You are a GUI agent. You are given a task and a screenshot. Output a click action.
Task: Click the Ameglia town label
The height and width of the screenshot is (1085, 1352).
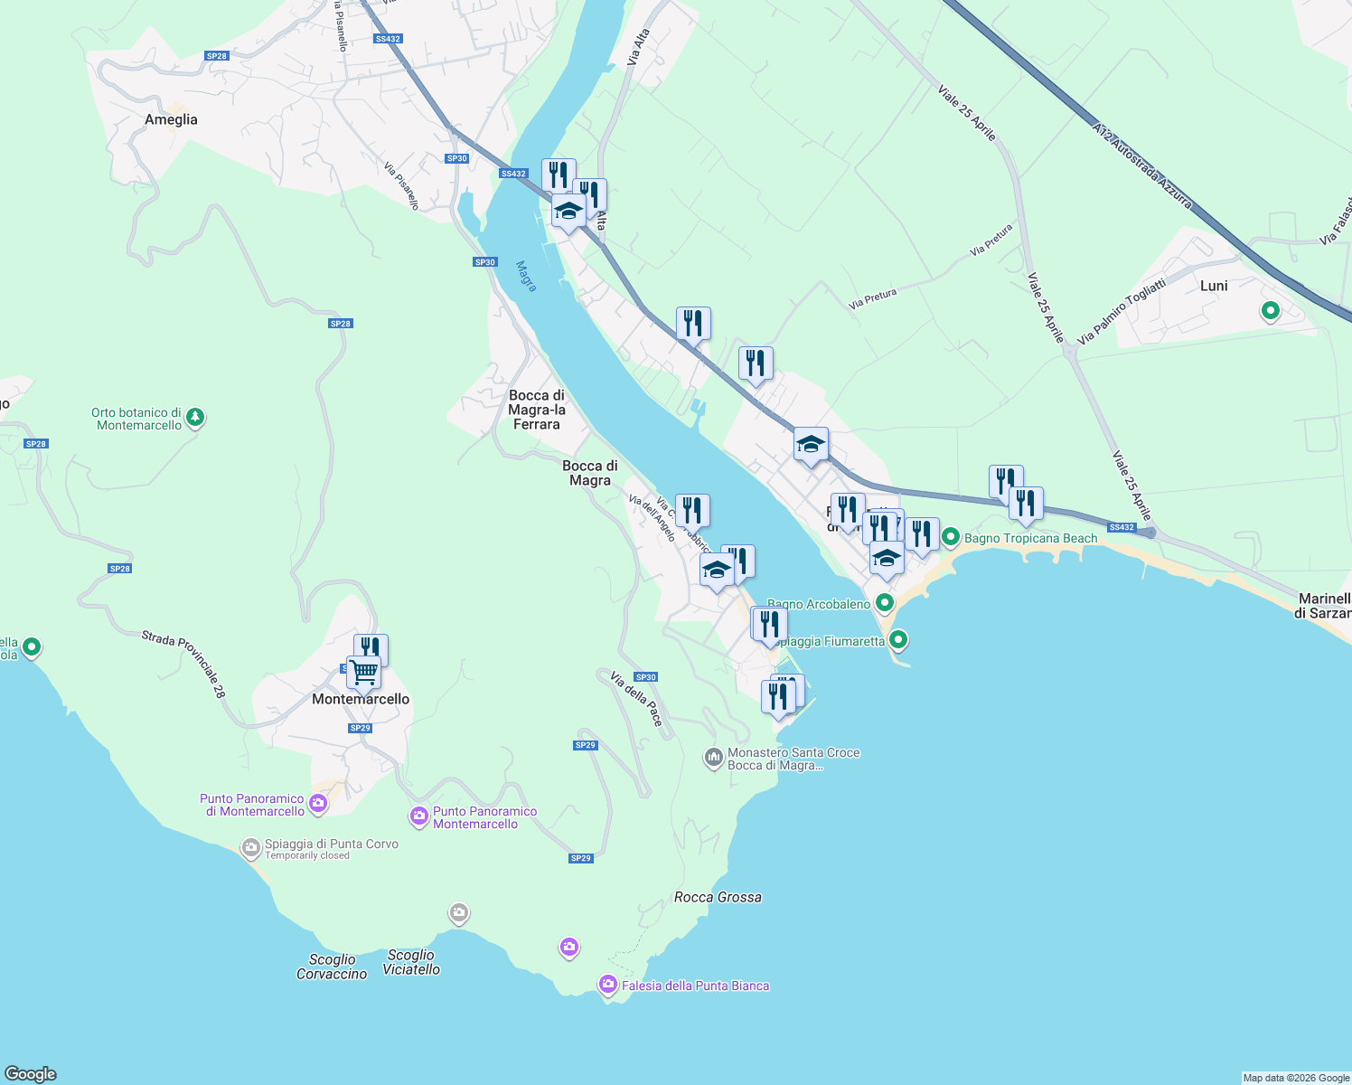(171, 119)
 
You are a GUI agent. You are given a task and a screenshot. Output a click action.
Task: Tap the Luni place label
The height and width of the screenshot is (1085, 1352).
(1214, 286)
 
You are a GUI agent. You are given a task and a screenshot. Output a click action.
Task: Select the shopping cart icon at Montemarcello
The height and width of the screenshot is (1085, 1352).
(363, 672)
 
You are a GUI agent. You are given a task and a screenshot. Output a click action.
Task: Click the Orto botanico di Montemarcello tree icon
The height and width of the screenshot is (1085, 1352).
(196, 418)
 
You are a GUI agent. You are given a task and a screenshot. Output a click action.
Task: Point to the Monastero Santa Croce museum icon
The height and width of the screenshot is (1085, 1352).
(714, 758)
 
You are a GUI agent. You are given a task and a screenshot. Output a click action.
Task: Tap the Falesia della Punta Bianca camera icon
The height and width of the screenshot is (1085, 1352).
(608, 984)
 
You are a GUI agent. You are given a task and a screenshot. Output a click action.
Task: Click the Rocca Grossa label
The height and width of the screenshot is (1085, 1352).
(718, 897)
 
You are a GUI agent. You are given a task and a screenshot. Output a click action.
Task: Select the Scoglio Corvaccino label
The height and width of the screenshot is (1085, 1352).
(332, 967)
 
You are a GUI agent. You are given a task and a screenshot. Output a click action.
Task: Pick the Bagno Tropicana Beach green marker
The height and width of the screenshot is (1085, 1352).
(951, 537)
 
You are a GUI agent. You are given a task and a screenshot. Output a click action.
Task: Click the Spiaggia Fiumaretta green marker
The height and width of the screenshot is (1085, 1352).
(897, 640)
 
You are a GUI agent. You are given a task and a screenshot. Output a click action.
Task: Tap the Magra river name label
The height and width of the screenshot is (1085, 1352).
(526, 276)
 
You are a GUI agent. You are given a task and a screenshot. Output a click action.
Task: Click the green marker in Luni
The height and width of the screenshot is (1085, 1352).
(1271, 311)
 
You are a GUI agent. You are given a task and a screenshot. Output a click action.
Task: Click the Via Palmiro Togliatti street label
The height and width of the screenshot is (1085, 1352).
(1122, 311)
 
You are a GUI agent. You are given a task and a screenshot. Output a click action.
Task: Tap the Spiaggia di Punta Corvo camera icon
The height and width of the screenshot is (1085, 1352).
(250, 848)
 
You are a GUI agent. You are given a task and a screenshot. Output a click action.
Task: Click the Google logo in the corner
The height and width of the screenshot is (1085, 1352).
(31, 1073)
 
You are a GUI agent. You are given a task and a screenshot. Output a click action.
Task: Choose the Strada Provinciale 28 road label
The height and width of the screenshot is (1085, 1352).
(183, 664)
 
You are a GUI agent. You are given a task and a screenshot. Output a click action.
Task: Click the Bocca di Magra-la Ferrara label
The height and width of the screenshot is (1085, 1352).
(537, 410)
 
